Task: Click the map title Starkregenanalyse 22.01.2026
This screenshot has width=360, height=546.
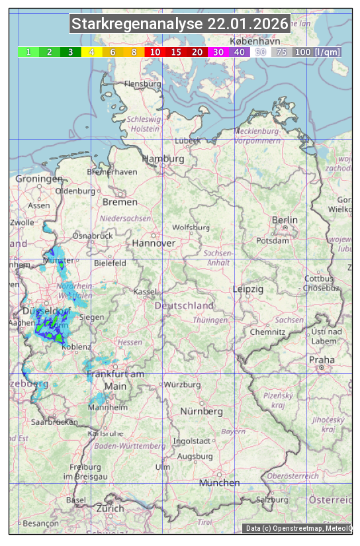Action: pyautogui.click(x=180, y=24)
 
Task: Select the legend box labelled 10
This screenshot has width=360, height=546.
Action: pyautogui.click(x=155, y=52)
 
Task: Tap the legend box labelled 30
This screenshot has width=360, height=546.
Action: pyautogui.click(x=218, y=52)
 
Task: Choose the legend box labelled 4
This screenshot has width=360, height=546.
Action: pyautogui.click(x=91, y=52)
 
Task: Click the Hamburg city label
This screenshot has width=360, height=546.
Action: pyautogui.click(x=163, y=159)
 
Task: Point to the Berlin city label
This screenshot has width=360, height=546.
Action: pyautogui.click(x=285, y=220)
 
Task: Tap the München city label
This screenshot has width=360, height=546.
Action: pyautogui.click(x=219, y=483)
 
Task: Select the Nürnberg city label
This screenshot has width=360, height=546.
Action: pyautogui.click(x=202, y=412)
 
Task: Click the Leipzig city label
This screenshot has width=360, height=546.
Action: pyautogui.click(x=248, y=289)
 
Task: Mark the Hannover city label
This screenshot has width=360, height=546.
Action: pyautogui.click(x=154, y=243)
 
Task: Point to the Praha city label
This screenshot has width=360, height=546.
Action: pyautogui.click(x=322, y=359)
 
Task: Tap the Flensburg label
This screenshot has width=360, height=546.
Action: pyautogui.click(x=142, y=85)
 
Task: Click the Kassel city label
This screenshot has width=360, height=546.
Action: pyautogui.click(x=144, y=292)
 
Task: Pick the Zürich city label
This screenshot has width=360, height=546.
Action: pyautogui.click(x=110, y=508)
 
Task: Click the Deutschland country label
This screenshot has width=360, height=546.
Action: pyautogui.click(x=184, y=306)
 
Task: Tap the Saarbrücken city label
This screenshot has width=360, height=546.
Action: pyautogui.click(x=54, y=421)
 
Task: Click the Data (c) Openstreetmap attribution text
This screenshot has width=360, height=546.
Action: pyautogui.click(x=298, y=528)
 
